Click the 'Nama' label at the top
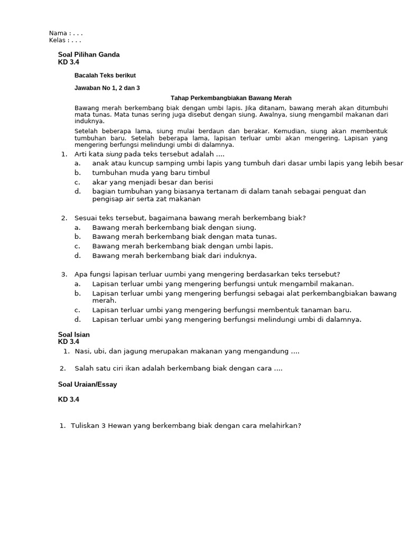(x=58, y=33)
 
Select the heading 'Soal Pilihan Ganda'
(x=89, y=54)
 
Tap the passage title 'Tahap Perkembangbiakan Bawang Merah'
(x=231, y=98)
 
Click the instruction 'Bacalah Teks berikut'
(x=105, y=76)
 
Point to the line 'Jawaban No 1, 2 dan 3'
(x=111, y=88)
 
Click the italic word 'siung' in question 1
(x=114, y=154)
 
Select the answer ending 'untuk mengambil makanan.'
(x=223, y=284)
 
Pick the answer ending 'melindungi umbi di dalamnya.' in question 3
(x=227, y=319)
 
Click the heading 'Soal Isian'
(x=73, y=334)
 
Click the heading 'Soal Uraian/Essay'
(x=87, y=385)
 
